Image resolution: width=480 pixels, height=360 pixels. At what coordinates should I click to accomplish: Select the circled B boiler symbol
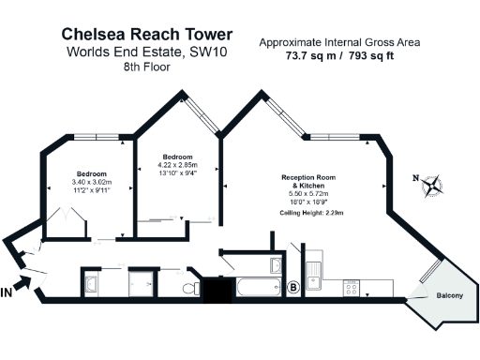pos(293,287)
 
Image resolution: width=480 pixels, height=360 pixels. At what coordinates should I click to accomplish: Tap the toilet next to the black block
pos(190,287)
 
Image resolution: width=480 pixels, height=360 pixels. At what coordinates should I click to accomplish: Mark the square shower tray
pos(144,285)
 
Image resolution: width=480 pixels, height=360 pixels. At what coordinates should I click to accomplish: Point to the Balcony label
pos(450,296)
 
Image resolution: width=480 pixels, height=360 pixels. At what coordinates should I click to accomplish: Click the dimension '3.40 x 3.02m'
pos(92,182)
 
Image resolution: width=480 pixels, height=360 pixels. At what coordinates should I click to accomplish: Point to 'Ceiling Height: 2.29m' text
pos(312,214)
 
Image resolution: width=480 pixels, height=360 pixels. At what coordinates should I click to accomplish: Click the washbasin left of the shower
pos(92,284)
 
